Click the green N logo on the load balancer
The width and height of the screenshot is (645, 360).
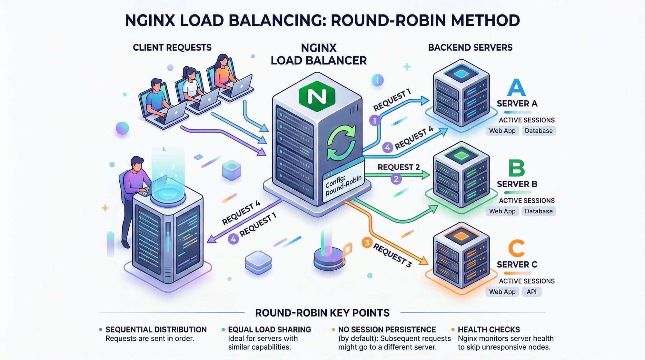point(317,96)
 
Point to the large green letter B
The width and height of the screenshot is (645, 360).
point(516,168)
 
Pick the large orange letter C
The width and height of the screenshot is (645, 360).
point(516,248)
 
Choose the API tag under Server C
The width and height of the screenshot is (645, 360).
point(531,292)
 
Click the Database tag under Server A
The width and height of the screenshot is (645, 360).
point(539,131)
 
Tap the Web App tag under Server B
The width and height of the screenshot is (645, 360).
point(502,211)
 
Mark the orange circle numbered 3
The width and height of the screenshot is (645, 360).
point(367,243)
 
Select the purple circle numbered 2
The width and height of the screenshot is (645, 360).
point(396,179)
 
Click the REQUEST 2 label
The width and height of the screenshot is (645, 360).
point(399,167)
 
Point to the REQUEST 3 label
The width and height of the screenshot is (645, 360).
point(392,255)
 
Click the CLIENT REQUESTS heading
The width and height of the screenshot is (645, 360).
point(172,48)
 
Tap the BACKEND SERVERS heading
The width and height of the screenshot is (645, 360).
point(470,48)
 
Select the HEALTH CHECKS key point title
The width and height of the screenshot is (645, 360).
point(489,329)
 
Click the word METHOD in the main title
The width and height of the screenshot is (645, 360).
point(485,20)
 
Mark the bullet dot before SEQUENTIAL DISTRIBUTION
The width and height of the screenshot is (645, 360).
point(101,329)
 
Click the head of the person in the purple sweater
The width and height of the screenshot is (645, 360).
point(137,163)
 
